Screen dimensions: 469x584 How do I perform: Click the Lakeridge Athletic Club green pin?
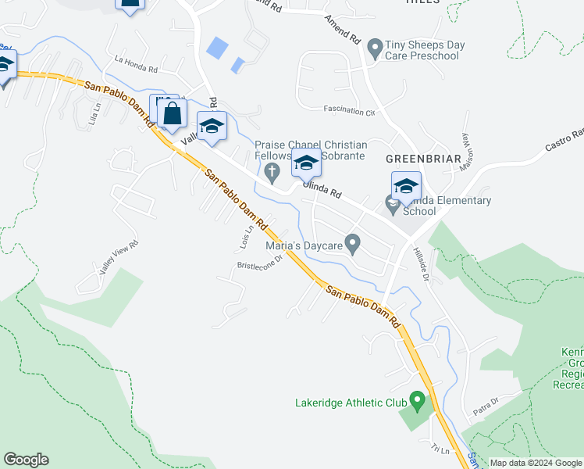[417, 403]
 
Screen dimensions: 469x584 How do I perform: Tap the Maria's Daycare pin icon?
[353, 245]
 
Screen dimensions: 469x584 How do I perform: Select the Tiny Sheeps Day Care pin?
[376, 49]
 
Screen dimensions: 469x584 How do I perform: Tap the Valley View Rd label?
[119, 256]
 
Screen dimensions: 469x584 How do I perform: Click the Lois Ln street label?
[244, 239]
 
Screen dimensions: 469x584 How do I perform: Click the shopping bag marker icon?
[173, 113]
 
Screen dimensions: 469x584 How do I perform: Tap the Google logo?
[26, 460]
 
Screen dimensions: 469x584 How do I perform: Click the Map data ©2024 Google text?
[536, 463]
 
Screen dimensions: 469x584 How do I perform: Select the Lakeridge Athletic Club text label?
[351, 403]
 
